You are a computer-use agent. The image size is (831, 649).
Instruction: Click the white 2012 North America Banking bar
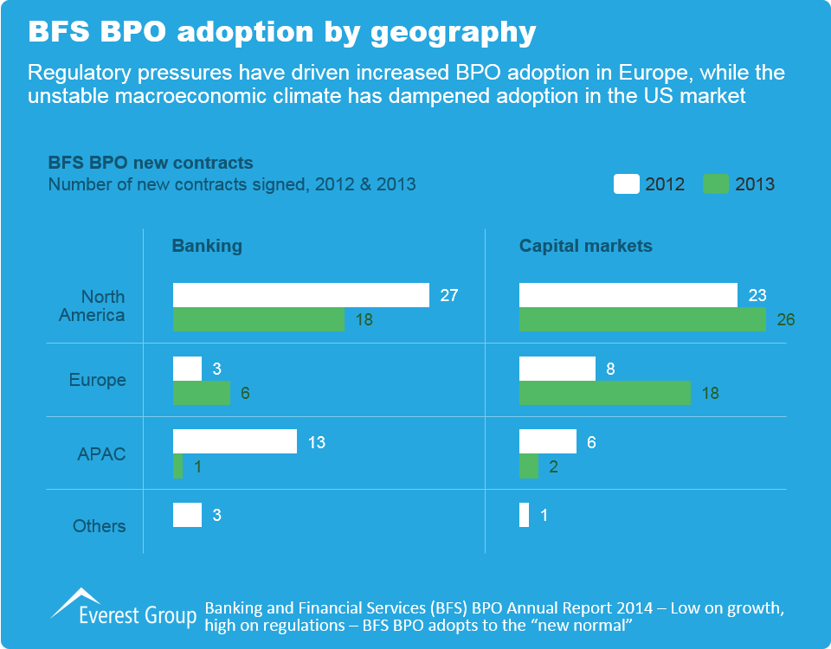tap(300, 295)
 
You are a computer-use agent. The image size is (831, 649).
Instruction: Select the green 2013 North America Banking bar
tap(258, 319)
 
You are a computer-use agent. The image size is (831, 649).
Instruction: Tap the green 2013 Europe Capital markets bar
tap(604, 393)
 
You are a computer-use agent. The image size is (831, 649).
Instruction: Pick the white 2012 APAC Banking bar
tap(235, 441)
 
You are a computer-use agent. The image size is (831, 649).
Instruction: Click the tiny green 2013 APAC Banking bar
tap(177, 466)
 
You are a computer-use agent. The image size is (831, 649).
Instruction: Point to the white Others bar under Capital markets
tap(524, 515)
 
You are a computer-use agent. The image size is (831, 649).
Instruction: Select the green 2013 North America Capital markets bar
tap(642, 319)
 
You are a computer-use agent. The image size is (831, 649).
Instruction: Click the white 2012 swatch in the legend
tap(627, 183)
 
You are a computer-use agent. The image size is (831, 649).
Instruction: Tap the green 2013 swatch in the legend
tap(716, 183)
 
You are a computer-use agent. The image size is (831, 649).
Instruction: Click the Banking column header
tap(207, 246)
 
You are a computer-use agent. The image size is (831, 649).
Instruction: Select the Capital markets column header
tap(585, 246)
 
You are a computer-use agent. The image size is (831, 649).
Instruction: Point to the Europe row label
tap(98, 380)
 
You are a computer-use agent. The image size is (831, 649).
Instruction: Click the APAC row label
tap(103, 453)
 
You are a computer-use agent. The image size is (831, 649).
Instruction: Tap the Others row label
tap(100, 526)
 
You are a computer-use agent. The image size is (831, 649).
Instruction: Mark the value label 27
tap(448, 295)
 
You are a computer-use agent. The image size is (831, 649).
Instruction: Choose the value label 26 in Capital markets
tap(785, 320)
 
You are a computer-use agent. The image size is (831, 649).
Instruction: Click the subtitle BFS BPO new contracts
tap(151, 163)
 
